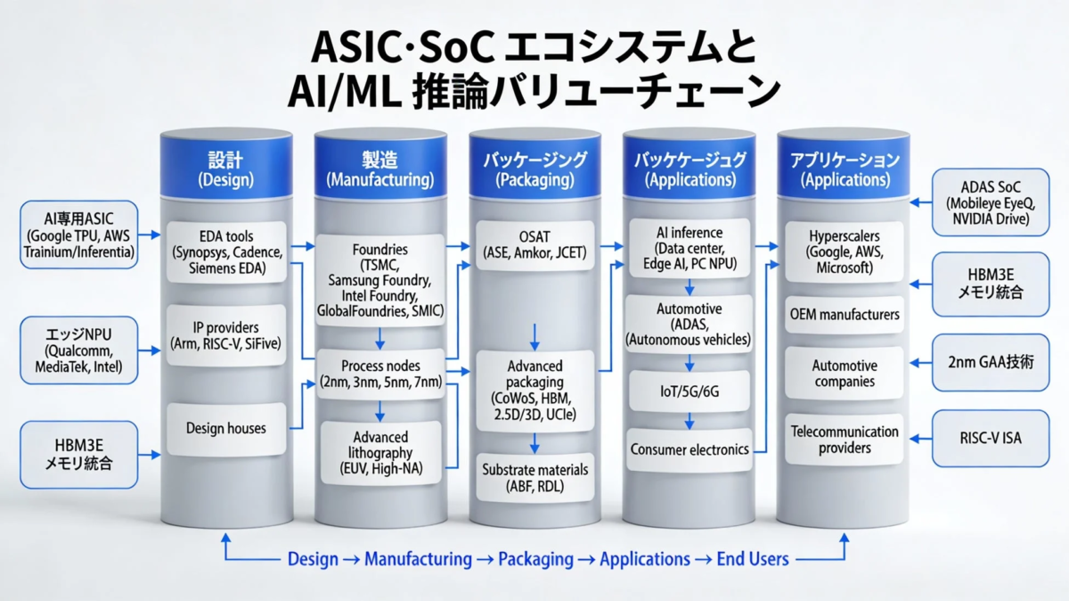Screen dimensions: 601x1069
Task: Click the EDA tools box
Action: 226,252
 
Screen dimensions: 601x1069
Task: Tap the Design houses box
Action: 226,428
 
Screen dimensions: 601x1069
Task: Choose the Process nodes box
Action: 379,374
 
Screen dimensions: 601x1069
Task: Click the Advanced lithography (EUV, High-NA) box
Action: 379,453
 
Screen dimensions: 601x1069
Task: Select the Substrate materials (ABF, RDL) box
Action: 534,477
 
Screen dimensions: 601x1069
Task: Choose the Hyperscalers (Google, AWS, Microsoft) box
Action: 844,252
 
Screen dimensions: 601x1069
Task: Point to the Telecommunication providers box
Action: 844,440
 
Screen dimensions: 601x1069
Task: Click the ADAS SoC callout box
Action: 991,204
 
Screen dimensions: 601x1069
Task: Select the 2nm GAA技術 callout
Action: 991,363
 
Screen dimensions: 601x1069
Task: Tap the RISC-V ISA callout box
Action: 991,439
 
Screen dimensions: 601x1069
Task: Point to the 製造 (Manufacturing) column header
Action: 379,169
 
